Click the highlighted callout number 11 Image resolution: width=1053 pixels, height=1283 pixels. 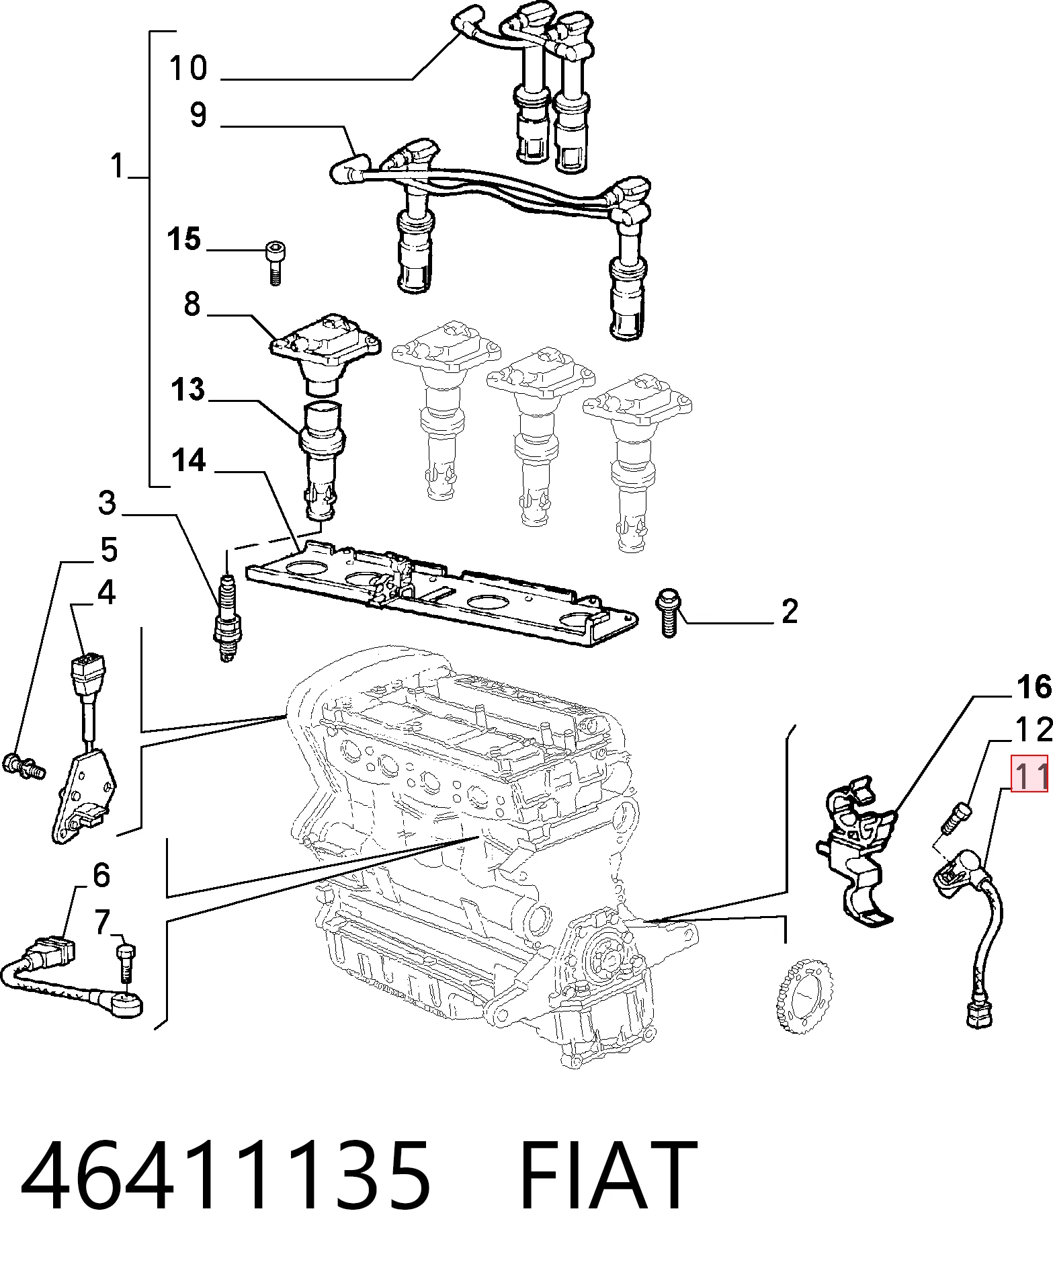pyautogui.click(x=1029, y=774)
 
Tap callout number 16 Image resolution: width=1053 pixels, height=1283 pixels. pyautogui.click(x=1034, y=687)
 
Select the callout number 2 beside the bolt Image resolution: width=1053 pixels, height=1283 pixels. pyautogui.click(x=790, y=611)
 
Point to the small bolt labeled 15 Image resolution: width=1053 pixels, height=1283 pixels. pyautogui.click(x=273, y=263)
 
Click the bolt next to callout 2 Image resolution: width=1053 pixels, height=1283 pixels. pyautogui.click(x=669, y=612)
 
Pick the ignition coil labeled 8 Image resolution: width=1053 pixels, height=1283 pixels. pyautogui.click(x=325, y=354)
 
